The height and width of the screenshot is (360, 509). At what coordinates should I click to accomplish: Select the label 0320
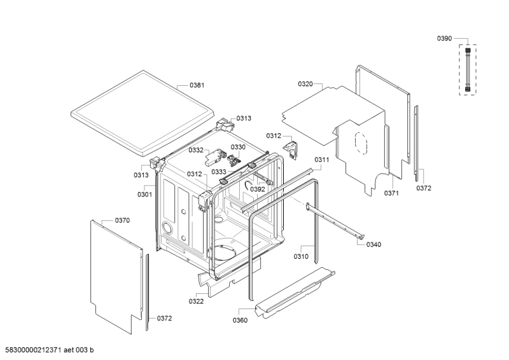pyautogui.click(x=305, y=84)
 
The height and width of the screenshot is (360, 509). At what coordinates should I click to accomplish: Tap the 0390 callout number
pyautogui.click(x=444, y=39)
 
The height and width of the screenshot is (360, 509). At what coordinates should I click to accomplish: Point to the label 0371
pyautogui.click(x=391, y=193)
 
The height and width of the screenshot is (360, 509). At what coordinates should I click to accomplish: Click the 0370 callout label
pyautogui.click(x=122, y=220)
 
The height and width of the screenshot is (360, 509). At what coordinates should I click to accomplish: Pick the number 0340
pyautogui.click(x=374, y=245)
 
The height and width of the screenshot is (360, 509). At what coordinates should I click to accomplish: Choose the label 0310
pyautogui.click(x=301, y=256)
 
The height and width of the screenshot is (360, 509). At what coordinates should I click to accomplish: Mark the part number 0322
pyautogui.click(x=196, y=301)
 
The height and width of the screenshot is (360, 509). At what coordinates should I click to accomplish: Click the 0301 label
pyautogui.click(x=144, y=194)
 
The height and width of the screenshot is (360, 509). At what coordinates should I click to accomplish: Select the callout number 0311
pyautogui.click(x=321, y=160)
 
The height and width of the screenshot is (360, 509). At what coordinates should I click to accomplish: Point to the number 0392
pyautogui.click(x=257, y=189)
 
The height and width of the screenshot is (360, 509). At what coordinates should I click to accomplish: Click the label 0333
pyautogui.click(x=219, y=172)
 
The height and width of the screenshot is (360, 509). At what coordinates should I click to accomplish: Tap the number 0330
pyautogui.click(x=237, y=147)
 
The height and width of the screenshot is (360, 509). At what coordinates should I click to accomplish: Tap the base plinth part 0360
pyautogui.click(x=293, y=293)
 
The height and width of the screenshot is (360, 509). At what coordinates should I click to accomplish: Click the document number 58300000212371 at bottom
pyautogui.click(x=41, y=350)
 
